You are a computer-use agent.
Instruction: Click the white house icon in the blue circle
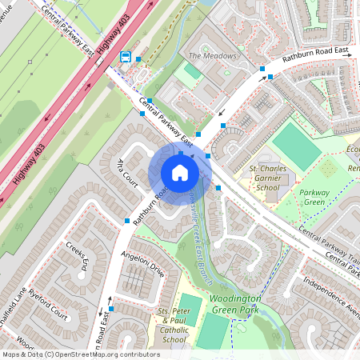[x=179, y=172]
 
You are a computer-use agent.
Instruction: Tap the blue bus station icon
[x=126, y=57]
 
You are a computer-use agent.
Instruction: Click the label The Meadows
[x=212, y=56]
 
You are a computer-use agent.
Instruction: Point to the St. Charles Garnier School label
[x=268, y=178]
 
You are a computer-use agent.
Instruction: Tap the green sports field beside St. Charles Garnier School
[x=296, y=146]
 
